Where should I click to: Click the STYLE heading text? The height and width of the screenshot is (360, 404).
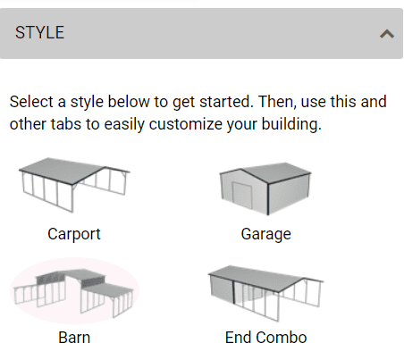click(x=39, y=32)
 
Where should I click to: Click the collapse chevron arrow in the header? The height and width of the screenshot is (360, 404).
click(x=387, y=34)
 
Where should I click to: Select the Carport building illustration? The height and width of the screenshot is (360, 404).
click(x=74, y=185)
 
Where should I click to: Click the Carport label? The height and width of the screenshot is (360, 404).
click(x=74, y=234)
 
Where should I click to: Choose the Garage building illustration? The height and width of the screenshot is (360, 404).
click(x=265, y=188)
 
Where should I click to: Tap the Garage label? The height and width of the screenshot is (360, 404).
click(x=265, y=234)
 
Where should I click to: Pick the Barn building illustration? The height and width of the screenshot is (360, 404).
click(x=74, y=293)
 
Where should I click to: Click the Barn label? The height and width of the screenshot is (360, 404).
click(x=74, y=338)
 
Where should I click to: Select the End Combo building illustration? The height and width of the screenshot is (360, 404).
click(x=265, y=293)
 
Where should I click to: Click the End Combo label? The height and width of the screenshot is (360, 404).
click(x=265, y=338)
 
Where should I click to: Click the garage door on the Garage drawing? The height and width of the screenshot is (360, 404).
click(x=242, y=195)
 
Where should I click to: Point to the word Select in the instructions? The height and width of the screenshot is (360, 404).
click(x=32, y=102)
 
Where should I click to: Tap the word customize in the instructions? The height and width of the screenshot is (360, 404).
click(x=185, y=124)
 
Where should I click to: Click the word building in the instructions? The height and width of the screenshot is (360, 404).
click(x=291, y=124)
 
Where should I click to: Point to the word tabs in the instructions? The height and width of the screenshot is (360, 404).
click(x=65, y=124)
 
